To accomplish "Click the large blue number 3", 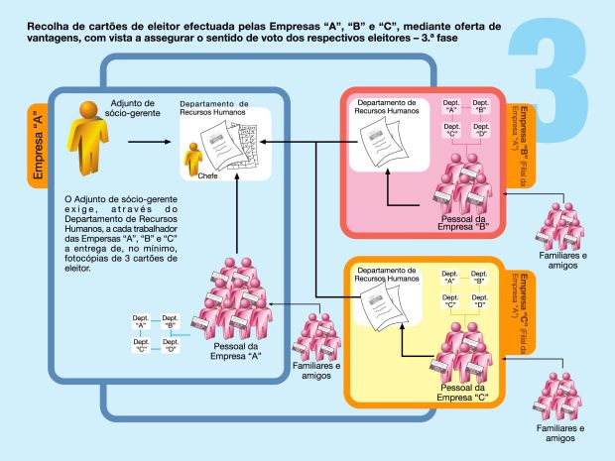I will (554, 69).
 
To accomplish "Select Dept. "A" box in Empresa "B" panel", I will (450, 106).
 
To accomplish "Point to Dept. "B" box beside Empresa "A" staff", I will (171, 320).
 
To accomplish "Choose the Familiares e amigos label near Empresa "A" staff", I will (317, 371).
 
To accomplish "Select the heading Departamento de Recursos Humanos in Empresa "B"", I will (389, 107).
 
